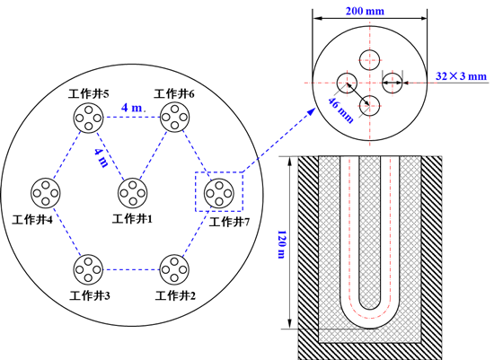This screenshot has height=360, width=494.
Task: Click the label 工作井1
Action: tap(132, 218)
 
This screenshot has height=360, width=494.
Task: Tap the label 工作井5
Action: tap(89, 93)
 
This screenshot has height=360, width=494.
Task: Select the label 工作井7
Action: tap(229, 222)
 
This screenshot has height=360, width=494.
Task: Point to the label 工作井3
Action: tap(90, 295)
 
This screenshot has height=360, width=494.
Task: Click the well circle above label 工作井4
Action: tap(46, 193)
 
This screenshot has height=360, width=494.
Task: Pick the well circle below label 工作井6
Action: tap(175, 118)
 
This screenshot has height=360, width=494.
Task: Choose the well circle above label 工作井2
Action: tap(174, 269)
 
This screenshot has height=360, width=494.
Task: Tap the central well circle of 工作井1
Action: tap(133, 193)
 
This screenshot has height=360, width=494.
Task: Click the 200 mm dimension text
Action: tap(365, 11)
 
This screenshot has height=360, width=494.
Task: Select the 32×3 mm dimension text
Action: tap(462, 76)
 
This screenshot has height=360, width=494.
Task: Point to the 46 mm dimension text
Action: tap(341, 110)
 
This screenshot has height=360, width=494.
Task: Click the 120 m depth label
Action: tap(282, 244)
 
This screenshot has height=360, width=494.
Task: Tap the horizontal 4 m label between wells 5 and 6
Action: tap(132, 108)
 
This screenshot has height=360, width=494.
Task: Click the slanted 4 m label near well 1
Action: tap(101, 157)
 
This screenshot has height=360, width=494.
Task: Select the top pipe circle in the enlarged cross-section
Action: tap(369, 60)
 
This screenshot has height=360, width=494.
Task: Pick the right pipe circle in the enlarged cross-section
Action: tap(393, 83)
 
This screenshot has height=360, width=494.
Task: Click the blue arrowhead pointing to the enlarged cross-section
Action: tap(312, 111)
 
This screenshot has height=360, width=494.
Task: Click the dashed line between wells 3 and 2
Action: tap(132, 269)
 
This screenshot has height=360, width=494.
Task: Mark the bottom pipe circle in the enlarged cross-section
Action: tap(369, 106)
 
